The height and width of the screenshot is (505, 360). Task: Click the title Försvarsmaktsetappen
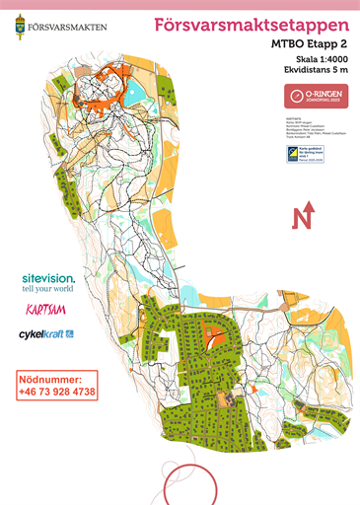[252, 24]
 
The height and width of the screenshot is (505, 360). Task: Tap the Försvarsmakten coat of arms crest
[21, 25]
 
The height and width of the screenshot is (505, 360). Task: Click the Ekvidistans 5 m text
[311, 71]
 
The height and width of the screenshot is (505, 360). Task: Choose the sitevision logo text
[47, 279]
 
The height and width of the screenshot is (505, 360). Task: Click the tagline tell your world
[47, 290]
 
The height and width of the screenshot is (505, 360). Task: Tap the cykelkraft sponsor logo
[46, 334]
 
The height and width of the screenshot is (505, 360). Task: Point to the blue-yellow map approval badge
[298, 153]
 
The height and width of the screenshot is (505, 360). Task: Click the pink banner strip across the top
[180, 4]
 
